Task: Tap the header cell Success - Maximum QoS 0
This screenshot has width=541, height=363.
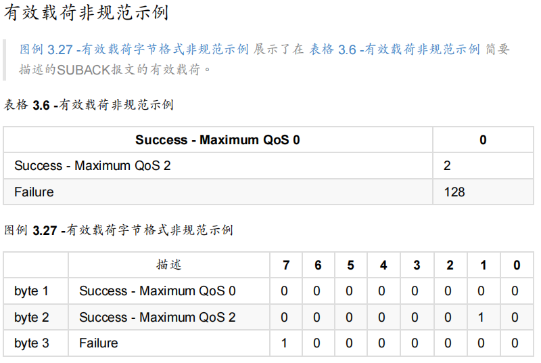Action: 217,140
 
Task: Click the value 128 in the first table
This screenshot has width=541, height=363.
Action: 454,192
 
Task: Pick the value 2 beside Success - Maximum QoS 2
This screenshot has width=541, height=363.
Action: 448,166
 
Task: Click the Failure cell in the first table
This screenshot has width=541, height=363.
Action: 34,192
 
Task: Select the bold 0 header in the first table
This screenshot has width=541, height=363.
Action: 483,140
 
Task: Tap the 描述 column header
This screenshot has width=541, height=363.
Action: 168,265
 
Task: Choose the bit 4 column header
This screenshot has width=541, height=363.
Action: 383,265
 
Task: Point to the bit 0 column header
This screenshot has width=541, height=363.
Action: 516,265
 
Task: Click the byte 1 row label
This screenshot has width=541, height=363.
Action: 32,291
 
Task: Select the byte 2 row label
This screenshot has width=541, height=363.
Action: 32,318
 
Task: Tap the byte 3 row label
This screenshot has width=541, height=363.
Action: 32,343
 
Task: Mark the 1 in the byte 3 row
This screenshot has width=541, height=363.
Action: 284,343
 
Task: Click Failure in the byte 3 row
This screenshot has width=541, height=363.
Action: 99,343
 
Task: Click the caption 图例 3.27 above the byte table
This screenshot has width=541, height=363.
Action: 31,230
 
